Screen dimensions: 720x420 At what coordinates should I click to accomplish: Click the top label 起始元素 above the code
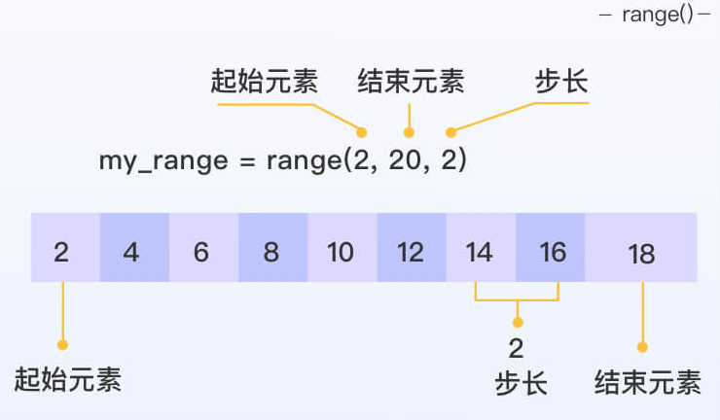[x=264, y=82]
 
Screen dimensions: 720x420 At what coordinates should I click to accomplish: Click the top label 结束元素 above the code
[x=411, y=82]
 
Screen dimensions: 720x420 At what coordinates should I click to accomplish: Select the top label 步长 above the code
[x=561, y=82]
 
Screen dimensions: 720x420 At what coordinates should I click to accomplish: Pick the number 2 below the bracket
[x=517, y=348]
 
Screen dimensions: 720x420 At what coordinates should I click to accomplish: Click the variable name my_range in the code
[x=162, y=161]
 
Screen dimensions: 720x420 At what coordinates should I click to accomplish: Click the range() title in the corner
[x=662, y=16]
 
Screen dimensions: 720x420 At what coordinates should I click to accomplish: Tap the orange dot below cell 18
[x=642, y=346]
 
